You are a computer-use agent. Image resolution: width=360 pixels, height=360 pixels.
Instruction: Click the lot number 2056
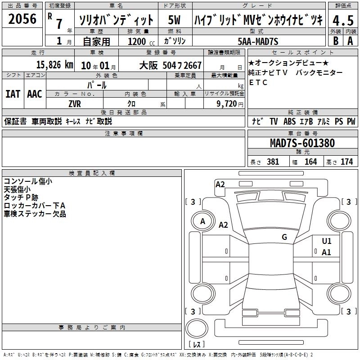(x=22, y=18)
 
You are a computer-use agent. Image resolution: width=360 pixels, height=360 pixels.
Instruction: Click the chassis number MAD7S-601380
(x=302, y=143)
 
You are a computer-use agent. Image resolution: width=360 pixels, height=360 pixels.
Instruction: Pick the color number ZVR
(x=75, y=103)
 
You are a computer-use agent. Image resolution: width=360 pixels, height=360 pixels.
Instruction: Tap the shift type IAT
(x=13, y=94)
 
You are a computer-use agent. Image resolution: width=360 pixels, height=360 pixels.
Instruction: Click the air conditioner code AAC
(x=34, y=94)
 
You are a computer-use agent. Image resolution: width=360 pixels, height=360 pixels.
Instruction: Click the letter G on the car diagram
(x=284, y=237)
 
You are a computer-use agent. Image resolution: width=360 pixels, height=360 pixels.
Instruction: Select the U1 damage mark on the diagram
(x=326, y=241)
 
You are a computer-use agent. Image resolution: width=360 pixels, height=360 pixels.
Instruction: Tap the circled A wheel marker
(x=202, y=221)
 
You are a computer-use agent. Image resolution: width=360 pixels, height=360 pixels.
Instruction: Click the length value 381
(x=273, y=162)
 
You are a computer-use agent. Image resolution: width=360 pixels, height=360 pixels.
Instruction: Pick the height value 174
(x=346, y=162)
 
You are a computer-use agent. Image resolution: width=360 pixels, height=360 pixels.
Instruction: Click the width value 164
(x=310, y=162)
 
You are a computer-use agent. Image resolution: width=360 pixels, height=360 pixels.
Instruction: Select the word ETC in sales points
(x=258, y=83)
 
